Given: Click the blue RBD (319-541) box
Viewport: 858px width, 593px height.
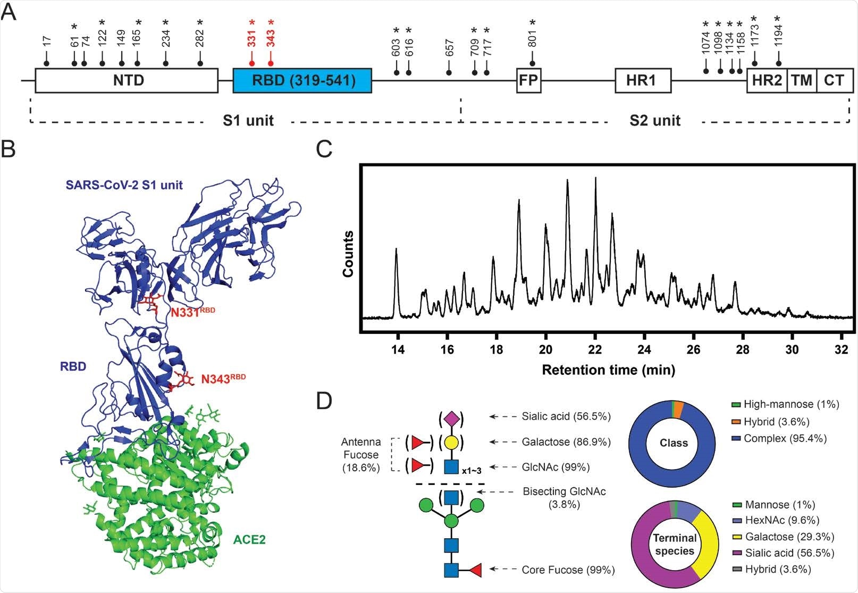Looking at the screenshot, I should click(x=302, y=81).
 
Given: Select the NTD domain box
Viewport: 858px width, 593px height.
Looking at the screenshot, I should click(x=127, y=81).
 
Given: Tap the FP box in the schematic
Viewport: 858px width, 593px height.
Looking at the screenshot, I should click(x=528, y=81).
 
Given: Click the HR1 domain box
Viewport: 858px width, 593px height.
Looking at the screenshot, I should click(x=643, y=81).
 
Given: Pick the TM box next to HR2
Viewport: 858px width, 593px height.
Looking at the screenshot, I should click(x=801, y=81).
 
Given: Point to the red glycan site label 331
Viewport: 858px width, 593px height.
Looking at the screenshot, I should click(x=251, y=38).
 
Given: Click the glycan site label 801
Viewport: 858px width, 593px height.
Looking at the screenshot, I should click(x=532, y=38).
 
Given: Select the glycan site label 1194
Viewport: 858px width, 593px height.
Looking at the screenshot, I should click(x=778, y=38).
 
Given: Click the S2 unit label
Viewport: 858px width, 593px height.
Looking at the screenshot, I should click(x=654, y=121).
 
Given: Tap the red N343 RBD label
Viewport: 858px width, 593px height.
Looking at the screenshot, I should click(x=223, y=379).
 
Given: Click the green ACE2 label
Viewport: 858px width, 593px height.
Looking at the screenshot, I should click(x=249, y=540).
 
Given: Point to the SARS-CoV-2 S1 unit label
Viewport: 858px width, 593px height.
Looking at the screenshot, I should click(x=124, y=185).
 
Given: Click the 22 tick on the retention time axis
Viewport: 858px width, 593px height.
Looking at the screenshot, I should click(x=595, y=349).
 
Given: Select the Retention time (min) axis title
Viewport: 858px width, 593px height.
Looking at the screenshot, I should click(x=608, y=369).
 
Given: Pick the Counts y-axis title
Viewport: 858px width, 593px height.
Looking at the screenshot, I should click(x=348, y=254).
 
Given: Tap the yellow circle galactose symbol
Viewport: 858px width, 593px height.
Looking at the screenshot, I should click(x=451, y=442).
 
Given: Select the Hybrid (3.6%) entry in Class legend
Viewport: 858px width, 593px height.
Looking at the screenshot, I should click(x=776, y=422).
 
